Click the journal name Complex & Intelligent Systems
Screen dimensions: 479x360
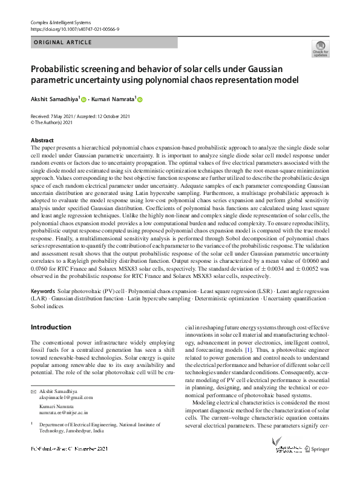(59, 22)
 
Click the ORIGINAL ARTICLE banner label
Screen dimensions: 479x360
(63, 42)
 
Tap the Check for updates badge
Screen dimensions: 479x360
(320, 48)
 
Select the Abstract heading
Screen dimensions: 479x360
(42, 140)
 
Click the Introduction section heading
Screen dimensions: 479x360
(51, 327)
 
